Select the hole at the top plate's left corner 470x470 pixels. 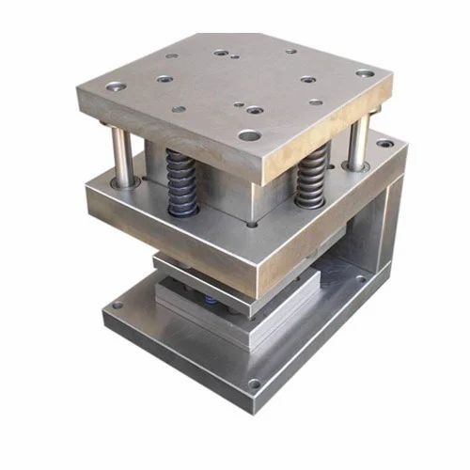pos(117,86)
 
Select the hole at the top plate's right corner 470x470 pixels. pos(365,72)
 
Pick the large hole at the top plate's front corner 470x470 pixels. pos(249,135)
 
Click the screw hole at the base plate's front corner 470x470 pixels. pos(254,383)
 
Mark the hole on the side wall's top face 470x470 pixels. pos(384,145)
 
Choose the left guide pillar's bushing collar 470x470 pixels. pos(127,178)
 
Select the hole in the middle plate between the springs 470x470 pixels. pos(252,224)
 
